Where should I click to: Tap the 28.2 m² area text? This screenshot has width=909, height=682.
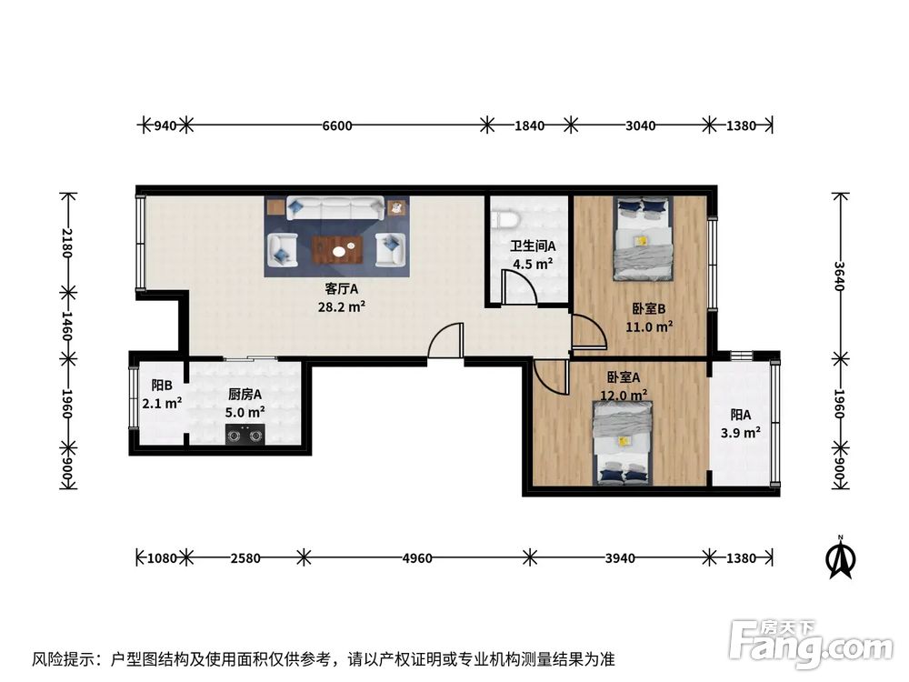point(343,306)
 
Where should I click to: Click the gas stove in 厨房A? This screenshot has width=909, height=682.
point(245,435)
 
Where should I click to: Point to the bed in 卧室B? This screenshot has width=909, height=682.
point(643,239)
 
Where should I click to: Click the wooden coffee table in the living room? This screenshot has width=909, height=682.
point(337,248)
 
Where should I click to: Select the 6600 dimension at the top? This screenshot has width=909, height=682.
point(336,125)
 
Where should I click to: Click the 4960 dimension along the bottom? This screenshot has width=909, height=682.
point(416,557)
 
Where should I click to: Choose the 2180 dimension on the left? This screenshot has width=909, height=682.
point(66,243)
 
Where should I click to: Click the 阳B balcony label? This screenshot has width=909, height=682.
point(161,385)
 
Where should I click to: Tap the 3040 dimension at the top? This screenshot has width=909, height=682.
point(640,125)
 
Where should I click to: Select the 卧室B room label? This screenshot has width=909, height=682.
point(649,308)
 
